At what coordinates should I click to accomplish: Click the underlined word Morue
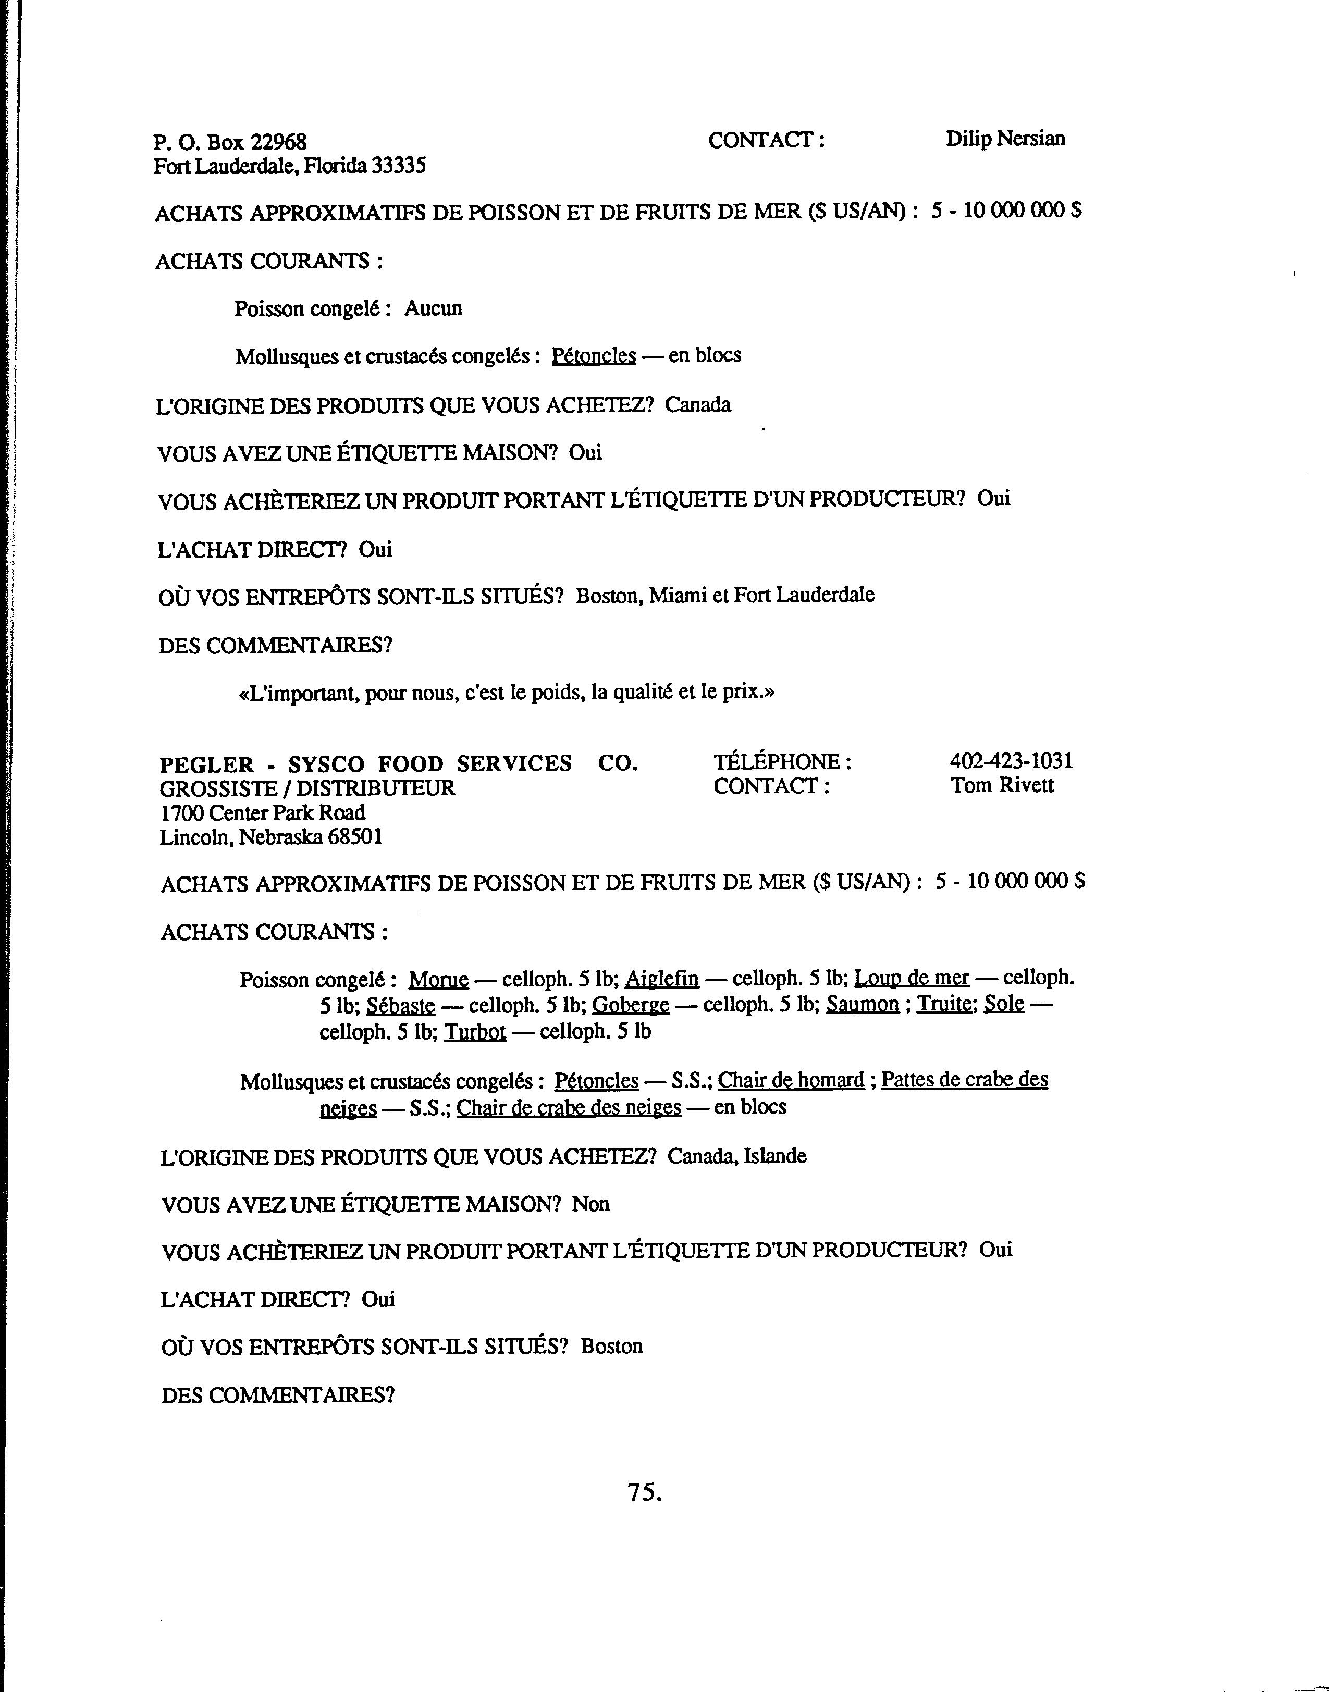tap(439, 980)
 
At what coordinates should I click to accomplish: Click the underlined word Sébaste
tap(401, 1006)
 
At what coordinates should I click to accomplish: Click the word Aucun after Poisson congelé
tap(434, 309)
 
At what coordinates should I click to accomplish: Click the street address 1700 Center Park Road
tap(262, 813)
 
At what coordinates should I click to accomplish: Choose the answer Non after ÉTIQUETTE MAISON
tap(590, 1204)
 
